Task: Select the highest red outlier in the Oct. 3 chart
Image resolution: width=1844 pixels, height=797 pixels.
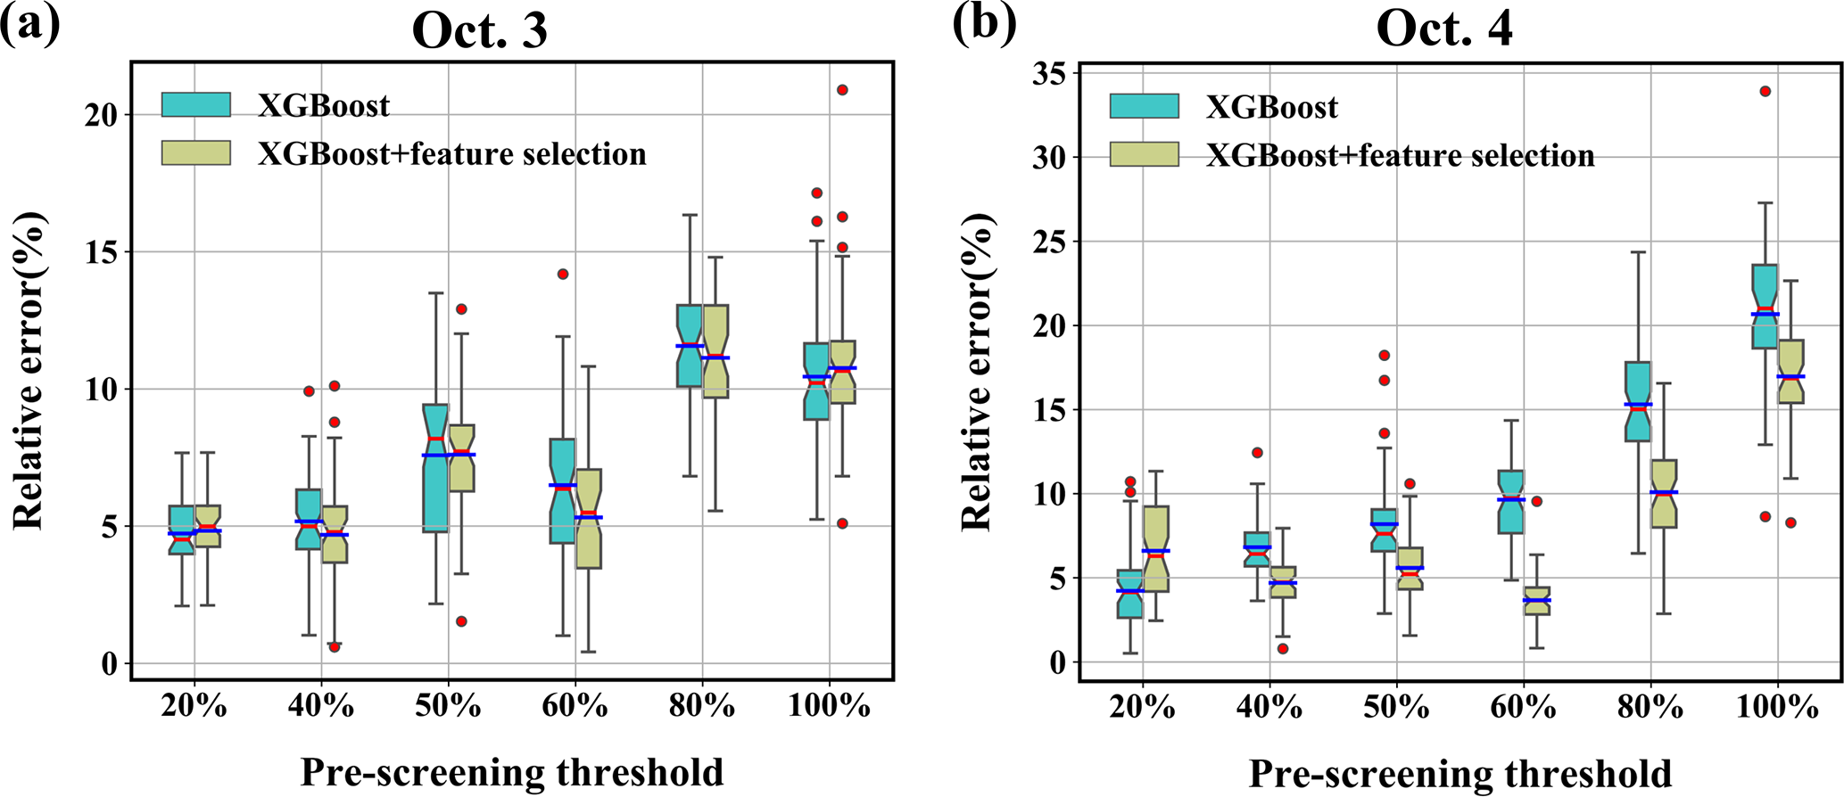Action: coord(842,90)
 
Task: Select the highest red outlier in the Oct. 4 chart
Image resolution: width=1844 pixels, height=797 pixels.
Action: coord(1765,91)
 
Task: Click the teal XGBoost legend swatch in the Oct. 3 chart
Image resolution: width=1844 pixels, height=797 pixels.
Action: coord(196,104)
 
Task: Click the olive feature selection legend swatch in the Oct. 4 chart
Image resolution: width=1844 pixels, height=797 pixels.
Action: coord(1144,154)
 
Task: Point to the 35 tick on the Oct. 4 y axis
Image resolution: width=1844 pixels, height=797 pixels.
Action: coord(1050,73)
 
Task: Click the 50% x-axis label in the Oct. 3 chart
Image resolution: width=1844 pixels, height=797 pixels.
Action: coord(448,707)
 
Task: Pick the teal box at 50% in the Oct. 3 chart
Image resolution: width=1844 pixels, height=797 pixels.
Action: coord(435,468)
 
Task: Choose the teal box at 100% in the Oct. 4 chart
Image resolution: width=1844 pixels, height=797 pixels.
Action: coord(1765,306)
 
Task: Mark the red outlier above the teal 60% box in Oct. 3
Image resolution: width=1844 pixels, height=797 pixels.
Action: coord(563,275)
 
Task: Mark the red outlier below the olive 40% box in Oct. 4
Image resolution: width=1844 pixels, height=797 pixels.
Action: coord(1283,649)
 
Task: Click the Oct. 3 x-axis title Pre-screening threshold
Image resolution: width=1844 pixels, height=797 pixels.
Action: coord(512,772)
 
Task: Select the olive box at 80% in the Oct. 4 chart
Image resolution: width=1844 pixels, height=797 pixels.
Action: coord(1664,493)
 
